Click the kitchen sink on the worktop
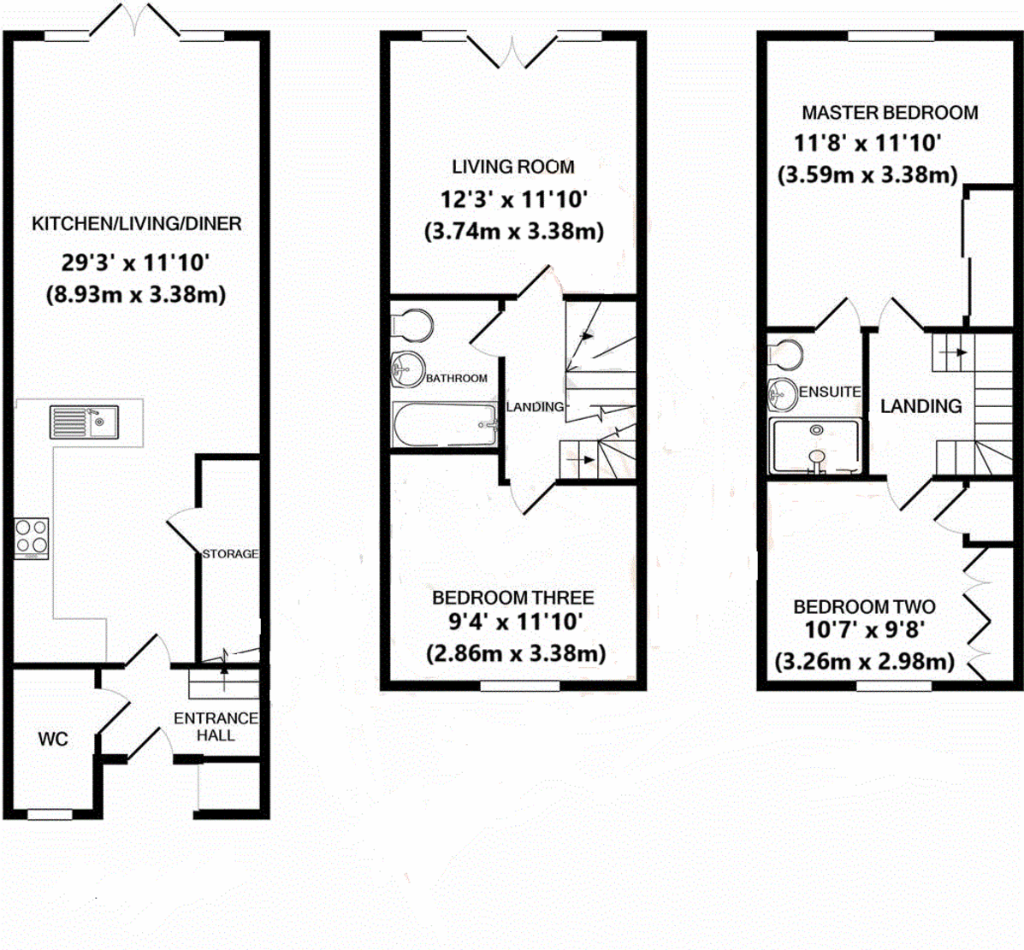click(x=84, y=422)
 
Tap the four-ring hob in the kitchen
click(x=31, y=538)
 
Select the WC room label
click(x=53, y=739)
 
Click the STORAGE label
click(x=230, y=554)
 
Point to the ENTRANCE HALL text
click(x=216, y=727)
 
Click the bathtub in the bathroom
click(x=445, y=425)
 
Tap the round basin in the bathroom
click(x=408, y=369)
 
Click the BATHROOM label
click(x=457, y=378)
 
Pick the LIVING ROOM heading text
click(x=513, y=167)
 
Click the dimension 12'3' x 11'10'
click(x=513, y=200)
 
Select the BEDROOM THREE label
click(x=513, y=598)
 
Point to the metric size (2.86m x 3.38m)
click(x=516, y=654)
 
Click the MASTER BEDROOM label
click(x=890, y=112)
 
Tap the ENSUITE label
click(x=830, y=392)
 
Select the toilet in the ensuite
click(x=784, y=351)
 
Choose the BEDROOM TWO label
click(x=864, y=607)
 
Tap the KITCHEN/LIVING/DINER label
click(x=137, y=224)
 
